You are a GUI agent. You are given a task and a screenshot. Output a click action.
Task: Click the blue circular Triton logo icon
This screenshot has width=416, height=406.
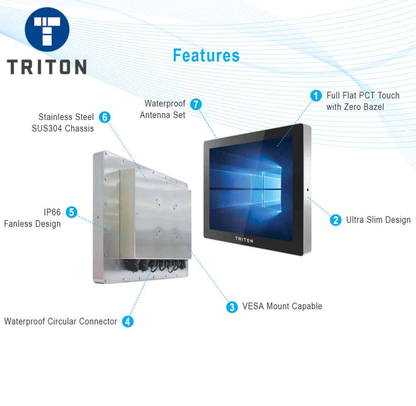click(47, 30)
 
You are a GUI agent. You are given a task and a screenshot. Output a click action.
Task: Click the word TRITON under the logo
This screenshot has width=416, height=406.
click(47, 67)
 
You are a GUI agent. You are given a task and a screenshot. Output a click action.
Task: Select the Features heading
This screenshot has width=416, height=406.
click(206, 55)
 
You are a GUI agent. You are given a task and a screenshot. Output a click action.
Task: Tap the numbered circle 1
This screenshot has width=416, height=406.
click(316, 96)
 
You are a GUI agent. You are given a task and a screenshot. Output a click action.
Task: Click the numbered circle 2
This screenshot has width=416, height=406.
click(336, 220)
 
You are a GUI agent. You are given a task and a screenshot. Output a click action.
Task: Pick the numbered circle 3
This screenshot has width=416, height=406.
click(232, 307)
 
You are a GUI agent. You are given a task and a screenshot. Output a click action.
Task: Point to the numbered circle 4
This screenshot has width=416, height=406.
click(128, 321)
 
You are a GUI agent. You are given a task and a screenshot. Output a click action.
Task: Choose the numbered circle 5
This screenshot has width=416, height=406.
click(72, 212)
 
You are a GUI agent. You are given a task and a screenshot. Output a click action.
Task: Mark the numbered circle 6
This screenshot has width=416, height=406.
click(104, 117)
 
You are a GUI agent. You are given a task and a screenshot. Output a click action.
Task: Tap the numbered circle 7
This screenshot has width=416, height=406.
click(196, 105)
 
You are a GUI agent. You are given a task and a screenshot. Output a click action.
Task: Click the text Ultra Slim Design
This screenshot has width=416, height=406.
click(378, 220)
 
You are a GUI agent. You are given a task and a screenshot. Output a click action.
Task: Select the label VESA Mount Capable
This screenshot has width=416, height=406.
click(282, 306)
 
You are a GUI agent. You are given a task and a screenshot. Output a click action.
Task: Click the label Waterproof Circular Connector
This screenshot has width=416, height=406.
click(60, 321)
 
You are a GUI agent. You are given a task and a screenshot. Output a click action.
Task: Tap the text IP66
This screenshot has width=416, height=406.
click(52, 212)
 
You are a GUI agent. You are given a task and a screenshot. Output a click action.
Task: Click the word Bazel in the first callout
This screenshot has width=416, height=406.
click(374, 107)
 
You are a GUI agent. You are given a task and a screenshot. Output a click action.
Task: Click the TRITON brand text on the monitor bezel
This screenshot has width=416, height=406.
click(244, 240)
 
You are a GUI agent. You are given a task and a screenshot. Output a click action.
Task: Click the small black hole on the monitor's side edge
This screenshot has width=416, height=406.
click(307, 190)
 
